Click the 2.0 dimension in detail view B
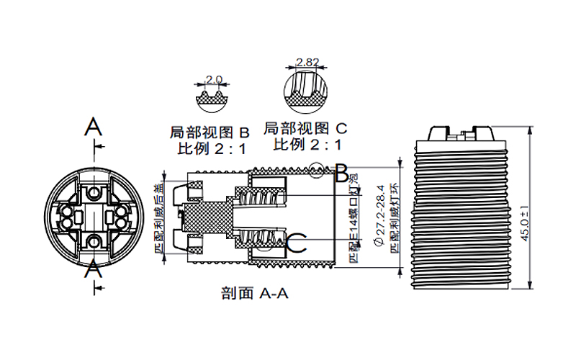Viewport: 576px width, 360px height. (214, 79)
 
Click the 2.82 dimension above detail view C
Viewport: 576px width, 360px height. (307, 63)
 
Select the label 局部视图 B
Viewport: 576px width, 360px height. (209, 133)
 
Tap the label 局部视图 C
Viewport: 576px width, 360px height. (306, 129)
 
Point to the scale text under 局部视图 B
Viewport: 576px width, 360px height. (212, 150)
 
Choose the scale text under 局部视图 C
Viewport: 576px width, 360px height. (307, 145)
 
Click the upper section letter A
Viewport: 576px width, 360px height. (93, 127)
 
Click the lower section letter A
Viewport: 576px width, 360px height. (93, 271)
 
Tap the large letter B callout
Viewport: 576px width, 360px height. (342, 173)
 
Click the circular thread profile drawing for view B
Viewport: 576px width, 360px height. (214, 96)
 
